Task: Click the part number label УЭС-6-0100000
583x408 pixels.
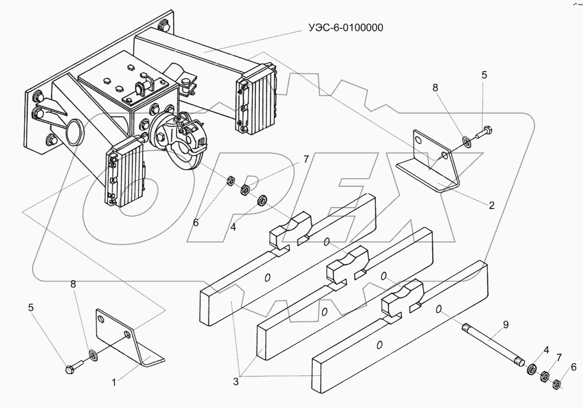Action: coord(346,28)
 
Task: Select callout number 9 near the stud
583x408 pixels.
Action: coord(505,324)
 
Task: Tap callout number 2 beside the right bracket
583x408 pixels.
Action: coord(492,205)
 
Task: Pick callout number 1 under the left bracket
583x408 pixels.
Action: coord(114,382)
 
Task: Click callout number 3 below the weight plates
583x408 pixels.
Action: coord(236,381)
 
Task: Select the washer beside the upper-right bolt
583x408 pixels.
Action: coord(466,142)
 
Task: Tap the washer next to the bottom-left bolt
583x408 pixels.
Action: coord(94,355)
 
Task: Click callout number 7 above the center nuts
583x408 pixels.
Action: coord(306,160)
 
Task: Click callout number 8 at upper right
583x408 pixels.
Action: coord(435,88)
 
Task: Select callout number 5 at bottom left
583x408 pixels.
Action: coord(31,307)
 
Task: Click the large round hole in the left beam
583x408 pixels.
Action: coord(75,132)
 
